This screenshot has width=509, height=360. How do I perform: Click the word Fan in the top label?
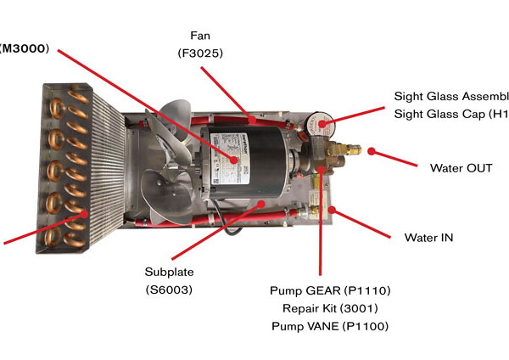(x=199, y=36)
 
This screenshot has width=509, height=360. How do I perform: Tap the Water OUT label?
(x=461, y=168)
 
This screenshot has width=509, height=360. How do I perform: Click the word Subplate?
(x=171, y=273)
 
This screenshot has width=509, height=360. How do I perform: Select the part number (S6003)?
(x=171, y=290)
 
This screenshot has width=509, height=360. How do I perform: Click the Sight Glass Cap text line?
(x=450, y=115)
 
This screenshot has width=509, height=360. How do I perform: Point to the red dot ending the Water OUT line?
(x=371, y=153)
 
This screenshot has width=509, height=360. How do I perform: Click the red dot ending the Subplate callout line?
(x=247, y=204)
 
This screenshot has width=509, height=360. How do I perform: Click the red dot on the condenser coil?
(x=83, y=215)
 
